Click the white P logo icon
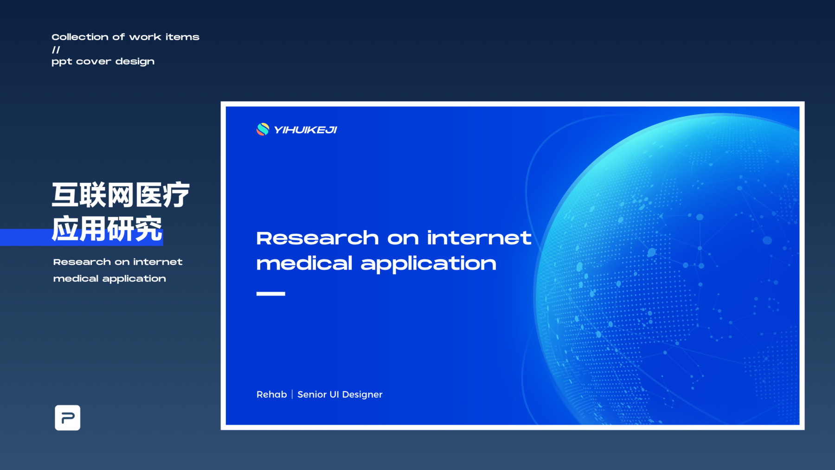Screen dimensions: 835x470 coord(67,418)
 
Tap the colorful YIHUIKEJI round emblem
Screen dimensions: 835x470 coord(263,129)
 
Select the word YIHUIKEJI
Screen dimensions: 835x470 coord(305,130)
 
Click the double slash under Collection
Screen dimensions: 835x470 coord(56,50)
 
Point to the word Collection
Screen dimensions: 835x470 coord(80,37)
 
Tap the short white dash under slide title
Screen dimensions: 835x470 coord(270,294)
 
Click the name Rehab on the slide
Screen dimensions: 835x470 coord(271,394)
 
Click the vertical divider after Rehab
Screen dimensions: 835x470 coord(292,394)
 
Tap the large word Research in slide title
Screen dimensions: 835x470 coord(318,238)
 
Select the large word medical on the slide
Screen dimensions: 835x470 coord(304,264)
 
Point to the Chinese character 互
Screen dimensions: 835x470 coord(65,195)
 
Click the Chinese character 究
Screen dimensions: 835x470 coord(149,228)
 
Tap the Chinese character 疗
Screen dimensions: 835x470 coord(176,195)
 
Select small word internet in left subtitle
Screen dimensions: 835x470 coord(158,262)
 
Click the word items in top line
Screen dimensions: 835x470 coord(182,37)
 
